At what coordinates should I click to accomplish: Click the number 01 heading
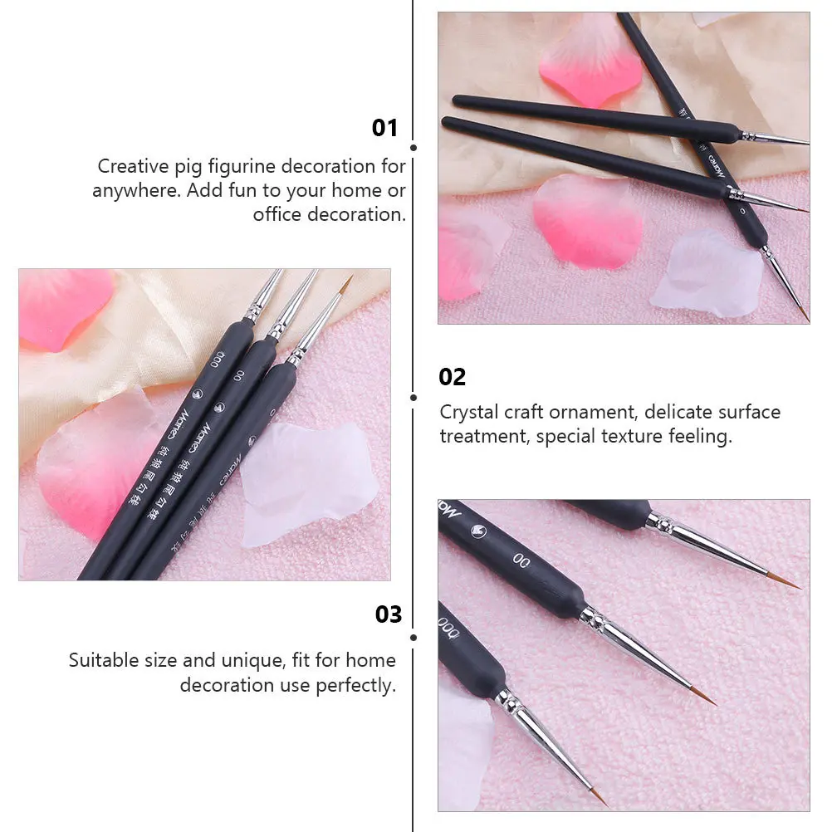click(385, 128)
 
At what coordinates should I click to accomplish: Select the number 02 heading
click(453, 377)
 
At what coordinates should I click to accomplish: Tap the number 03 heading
click(389, 614)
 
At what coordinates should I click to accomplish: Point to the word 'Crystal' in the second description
click(469, 412)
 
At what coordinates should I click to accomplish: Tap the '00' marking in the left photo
click(238, 376)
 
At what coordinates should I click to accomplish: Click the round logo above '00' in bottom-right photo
click(479, 530)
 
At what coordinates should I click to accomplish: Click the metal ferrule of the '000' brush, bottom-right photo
click(509, 701)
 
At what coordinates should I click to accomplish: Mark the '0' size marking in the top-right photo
click(741, 211)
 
